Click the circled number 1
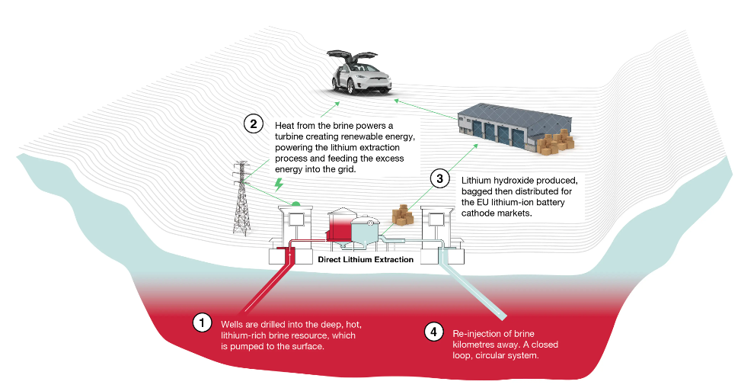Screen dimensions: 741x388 (x=203, y=322)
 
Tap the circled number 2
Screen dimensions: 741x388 (x=254, y=124)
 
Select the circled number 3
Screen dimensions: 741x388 (x=440, y=178)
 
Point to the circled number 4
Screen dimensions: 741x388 (x=434, y=332)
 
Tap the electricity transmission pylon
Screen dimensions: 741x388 (x=241, y=198)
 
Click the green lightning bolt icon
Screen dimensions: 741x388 (x=279, y=184)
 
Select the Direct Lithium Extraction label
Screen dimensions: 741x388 (x=366, y=259)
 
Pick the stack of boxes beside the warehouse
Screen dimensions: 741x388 (x=556, y=142)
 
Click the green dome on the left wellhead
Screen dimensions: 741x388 (x=295, y=204)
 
